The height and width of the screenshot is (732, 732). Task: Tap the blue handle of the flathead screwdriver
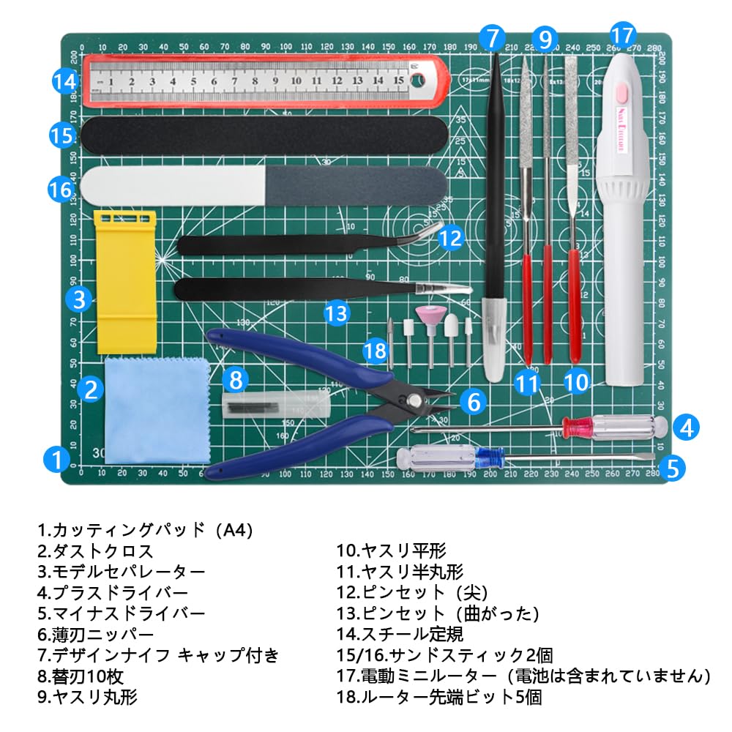tap(488, 459)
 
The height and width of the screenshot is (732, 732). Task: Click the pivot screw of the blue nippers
tap(415, 399)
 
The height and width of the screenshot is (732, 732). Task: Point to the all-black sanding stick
tap(263, 135)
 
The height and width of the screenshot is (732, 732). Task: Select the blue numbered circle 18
tap(376, 351)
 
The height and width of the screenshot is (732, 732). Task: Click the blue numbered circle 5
tap(673, 466)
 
